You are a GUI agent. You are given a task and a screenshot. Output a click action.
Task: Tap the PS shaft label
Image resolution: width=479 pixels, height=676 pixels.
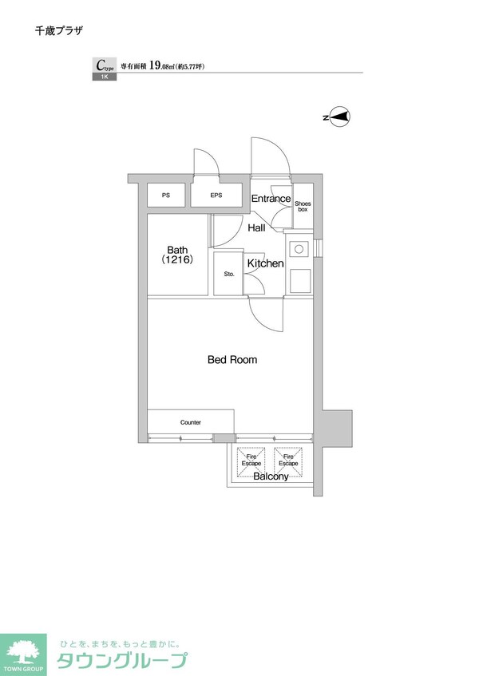pos(166,196)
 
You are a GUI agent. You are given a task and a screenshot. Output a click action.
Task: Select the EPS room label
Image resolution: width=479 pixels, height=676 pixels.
pos(216,196)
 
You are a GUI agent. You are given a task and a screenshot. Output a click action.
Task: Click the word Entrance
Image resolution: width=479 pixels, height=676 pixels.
pos(271,199)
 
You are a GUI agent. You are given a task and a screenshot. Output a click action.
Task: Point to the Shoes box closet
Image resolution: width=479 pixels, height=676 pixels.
pos(303,206)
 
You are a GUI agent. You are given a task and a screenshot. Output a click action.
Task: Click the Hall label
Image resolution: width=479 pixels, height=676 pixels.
pos(256,228)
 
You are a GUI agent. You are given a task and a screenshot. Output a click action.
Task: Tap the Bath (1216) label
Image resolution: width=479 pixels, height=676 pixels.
pos(177,255)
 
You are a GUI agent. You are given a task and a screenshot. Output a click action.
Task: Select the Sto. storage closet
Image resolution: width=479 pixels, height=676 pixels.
pos(228,274)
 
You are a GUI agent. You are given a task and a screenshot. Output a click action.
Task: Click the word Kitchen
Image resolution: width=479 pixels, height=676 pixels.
pos(266,263)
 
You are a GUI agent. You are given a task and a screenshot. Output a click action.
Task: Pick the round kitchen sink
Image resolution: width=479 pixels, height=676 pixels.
pos(299,249)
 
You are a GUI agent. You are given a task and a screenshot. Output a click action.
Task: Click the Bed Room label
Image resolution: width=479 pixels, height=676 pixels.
pos(232,360)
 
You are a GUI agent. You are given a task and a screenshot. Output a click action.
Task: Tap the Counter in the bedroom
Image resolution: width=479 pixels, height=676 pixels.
pos(191,421)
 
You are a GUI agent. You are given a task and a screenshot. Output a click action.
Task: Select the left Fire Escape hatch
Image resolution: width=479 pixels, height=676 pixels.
pos(251,462)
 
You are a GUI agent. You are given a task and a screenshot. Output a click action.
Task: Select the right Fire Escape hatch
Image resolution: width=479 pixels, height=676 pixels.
pos(288,462)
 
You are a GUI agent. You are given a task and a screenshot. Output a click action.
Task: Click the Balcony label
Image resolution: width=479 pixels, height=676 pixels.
pos(271,476)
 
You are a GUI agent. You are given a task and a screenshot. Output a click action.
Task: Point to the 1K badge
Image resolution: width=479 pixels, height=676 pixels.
pos(105,77)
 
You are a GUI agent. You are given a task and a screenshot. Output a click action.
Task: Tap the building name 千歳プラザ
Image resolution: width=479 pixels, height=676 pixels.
pos(58,30)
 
